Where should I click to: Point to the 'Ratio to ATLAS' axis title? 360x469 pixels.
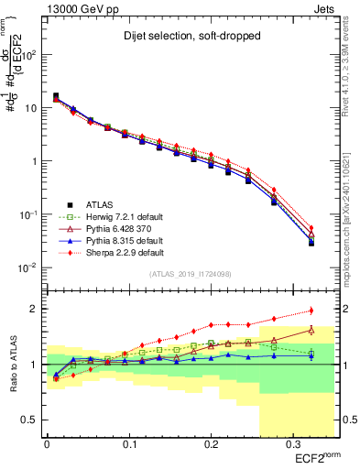12,365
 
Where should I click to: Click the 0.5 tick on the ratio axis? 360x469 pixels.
32,420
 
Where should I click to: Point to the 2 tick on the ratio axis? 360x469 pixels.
37,309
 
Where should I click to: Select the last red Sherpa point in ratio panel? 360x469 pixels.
311,311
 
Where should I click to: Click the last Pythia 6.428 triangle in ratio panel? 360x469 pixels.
311,330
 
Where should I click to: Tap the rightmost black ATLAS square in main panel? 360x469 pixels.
311,244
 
